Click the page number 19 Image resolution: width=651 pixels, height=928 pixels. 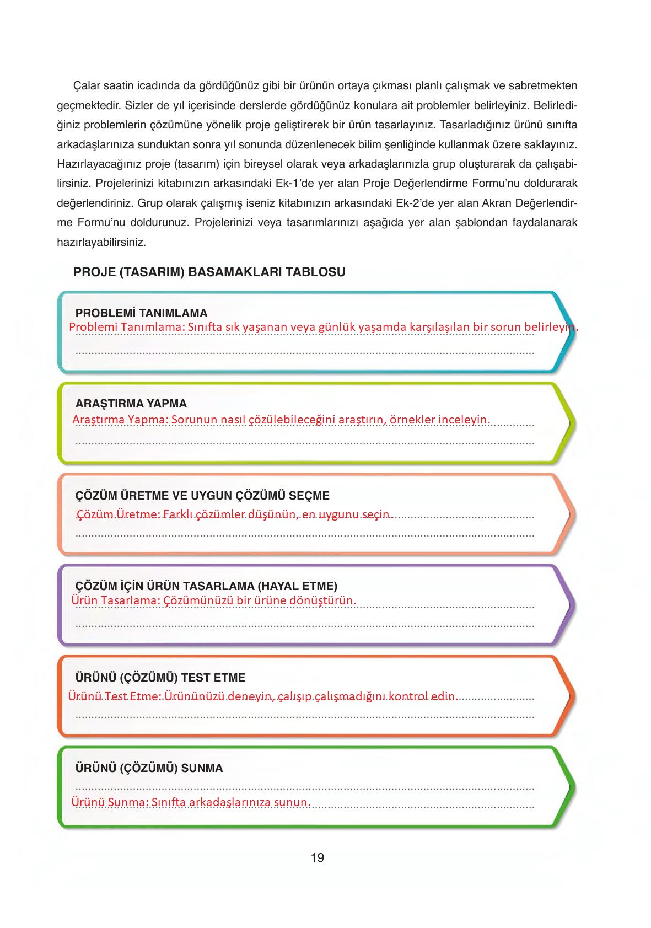(317, 857)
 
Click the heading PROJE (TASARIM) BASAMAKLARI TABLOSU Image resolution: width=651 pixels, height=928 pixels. (209, 272)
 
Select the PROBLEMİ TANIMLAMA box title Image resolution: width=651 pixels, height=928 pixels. (141, 313)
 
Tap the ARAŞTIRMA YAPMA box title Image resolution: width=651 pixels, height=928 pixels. (131, 404)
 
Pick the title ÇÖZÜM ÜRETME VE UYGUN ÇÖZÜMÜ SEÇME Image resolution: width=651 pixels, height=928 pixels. (202, 496)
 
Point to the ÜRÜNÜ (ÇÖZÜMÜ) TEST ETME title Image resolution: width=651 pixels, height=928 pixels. (160, 678)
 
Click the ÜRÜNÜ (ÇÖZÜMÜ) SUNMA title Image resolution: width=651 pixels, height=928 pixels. (149, 768)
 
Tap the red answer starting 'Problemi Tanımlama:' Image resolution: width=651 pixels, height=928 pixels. (323, 327)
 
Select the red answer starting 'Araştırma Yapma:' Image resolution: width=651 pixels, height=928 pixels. (281, 420)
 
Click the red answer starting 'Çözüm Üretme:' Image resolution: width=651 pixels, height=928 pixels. (234, 514)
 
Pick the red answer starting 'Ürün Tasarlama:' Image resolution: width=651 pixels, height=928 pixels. (214, 600)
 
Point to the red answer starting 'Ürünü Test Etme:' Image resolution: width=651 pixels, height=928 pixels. (263, 696)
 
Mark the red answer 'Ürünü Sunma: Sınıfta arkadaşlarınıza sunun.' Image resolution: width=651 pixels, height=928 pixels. (191, 802)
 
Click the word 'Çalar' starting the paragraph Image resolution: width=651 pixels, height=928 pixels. (86, 86)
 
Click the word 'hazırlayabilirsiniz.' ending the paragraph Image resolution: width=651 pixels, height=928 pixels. (101, 242)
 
